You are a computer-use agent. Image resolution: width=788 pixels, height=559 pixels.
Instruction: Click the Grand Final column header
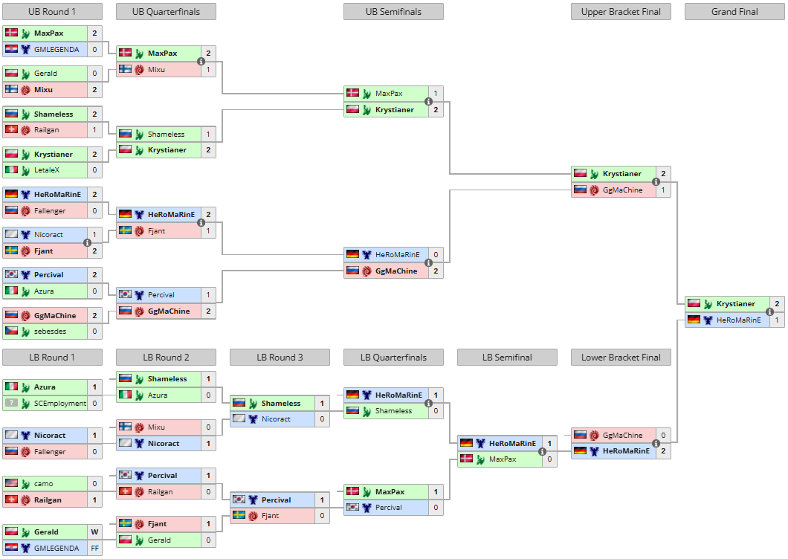click(x=734, y=12)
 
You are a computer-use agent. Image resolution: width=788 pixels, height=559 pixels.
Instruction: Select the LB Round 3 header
click(x=280, y=358)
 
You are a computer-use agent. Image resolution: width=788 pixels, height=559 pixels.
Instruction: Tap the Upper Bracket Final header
click(x=621, y=12)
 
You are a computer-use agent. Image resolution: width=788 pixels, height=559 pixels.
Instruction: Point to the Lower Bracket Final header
click(x=621, y=358)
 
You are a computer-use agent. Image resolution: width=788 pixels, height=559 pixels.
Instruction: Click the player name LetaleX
click(x=47, y=170)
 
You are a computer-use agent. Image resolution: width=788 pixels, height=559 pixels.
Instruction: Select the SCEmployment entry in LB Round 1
click(x=60, y=404)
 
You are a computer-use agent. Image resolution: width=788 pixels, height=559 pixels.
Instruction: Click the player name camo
click(x=44, y=484)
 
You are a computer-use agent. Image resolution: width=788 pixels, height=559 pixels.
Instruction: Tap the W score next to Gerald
click(x=94, y=531)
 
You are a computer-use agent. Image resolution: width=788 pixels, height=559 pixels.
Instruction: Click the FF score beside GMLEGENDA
click(x=94, y=549)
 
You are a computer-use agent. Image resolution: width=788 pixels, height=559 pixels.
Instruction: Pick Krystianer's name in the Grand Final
click(x=736, y=303)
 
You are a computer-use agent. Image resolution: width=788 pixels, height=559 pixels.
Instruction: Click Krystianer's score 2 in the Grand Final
click(x=777, y=303)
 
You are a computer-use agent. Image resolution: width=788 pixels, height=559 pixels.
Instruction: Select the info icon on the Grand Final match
click(x=769, y=311)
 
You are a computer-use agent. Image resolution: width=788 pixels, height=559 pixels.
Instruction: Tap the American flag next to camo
click(x=11, y=483)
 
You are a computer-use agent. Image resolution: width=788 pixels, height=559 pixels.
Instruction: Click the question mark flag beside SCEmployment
click(x=11, y=403)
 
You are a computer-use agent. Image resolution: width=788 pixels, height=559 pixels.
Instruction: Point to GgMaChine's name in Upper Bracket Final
click(x=623, y=190)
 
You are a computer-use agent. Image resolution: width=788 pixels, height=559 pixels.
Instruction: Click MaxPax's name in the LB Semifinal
click(x=503, y=459)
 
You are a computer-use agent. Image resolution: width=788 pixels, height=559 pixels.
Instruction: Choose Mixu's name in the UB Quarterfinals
click(x=156, y=70)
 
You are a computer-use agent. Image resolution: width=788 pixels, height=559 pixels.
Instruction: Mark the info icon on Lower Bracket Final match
click(x=656, y=443)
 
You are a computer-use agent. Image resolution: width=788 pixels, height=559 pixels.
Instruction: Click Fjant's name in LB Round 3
click(x=270, y=516)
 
